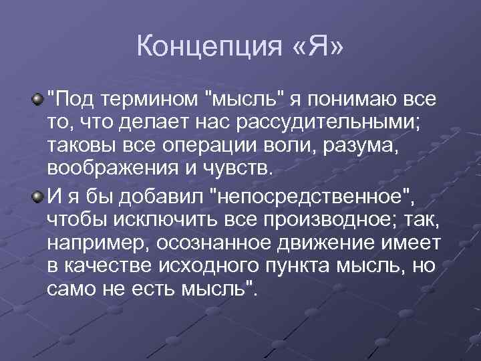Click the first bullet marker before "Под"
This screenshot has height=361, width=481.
point(39,100)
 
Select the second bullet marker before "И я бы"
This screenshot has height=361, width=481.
point(39,195)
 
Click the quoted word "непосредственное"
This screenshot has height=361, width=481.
point(307,197)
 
